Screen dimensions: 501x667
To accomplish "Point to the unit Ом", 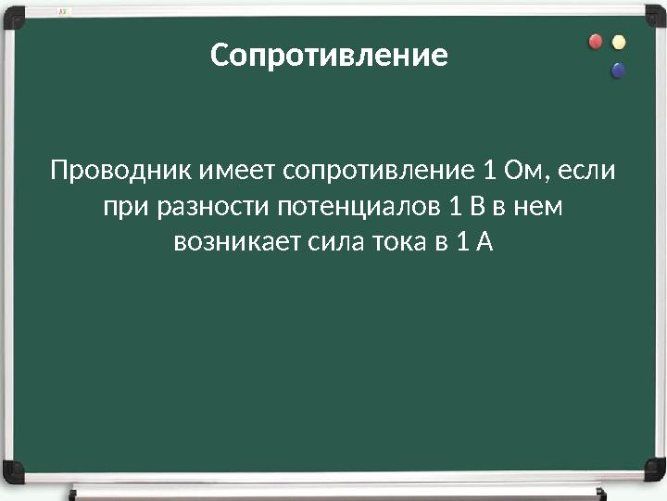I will click(x=524, y=173).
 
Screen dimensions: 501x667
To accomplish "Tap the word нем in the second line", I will click(x=536, y=208).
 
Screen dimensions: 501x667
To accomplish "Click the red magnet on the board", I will click(x=596, y=41).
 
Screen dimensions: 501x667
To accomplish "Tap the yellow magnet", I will click(x=618, y=42).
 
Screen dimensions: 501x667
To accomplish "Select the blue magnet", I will click(x=618, y=70).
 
